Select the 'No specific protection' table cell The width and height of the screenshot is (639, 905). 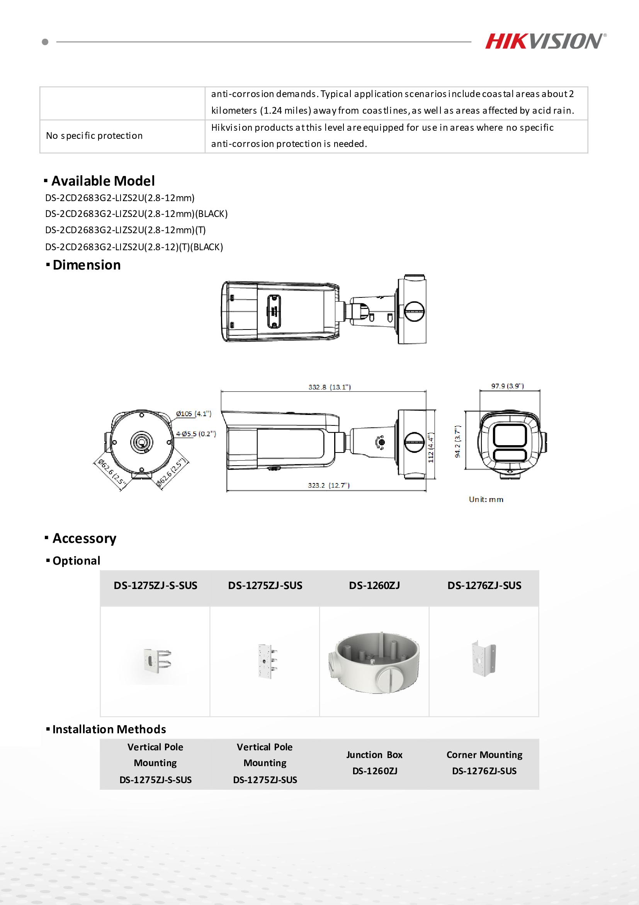point(95,136)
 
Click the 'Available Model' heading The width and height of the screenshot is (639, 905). point(103,181)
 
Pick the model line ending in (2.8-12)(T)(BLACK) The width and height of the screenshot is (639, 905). point(134,247)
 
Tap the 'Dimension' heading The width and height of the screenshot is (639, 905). point(86,265)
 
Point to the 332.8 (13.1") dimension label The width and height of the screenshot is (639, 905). point(329,387)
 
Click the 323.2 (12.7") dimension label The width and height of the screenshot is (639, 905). point(328,485)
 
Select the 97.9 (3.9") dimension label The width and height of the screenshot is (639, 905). point(507,386)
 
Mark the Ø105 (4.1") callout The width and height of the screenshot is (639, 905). point(193,413)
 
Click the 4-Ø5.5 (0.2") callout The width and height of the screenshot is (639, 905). point(195,434)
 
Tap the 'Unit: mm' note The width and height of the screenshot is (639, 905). point(486,499)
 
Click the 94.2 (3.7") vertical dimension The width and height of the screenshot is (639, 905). point(457,441)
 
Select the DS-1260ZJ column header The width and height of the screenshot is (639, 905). point(374,586)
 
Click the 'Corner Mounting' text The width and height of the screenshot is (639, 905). point(484,755)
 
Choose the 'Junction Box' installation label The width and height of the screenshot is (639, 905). point(374,755)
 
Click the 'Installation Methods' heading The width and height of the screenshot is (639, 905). point(109,729)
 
